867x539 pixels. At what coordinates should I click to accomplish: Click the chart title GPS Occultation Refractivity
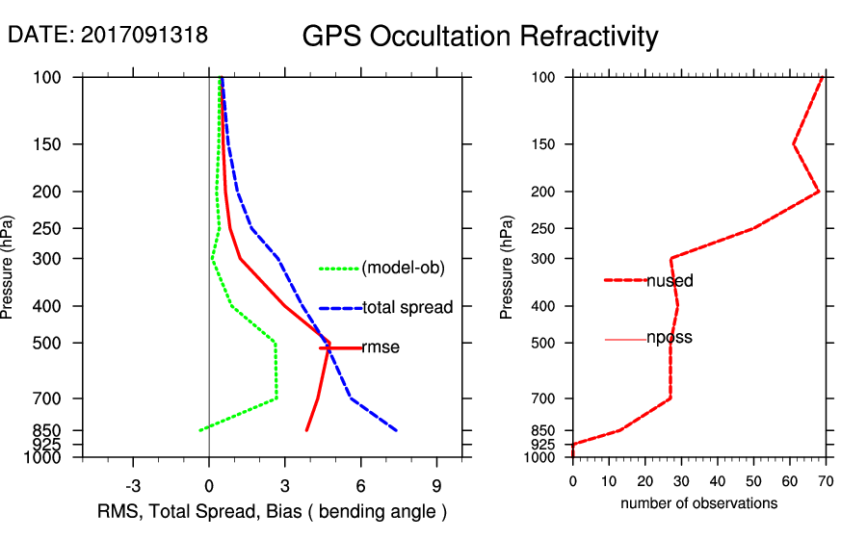(x=480, y=37)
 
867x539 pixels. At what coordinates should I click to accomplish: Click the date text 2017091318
(x=144, y=35)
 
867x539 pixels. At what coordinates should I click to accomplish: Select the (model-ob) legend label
(x=403, y=268)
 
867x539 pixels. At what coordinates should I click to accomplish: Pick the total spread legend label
(x=407, y=308)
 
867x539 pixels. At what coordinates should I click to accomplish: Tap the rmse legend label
(x=381, y=347)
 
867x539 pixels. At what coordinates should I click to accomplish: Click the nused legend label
(x=670, y=281)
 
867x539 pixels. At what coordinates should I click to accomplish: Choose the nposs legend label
(x=670, y=338)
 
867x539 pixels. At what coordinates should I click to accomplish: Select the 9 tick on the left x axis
(x=437, y=485)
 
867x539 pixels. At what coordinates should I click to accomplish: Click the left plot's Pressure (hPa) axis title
(x=10, y=266)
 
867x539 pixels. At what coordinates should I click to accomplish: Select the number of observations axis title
(x=698, y=503)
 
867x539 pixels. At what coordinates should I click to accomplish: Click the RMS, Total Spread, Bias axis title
(x=273, y=510)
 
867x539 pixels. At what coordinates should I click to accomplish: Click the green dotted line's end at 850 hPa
(x=199, y=430)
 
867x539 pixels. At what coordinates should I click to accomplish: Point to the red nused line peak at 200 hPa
(x=819, y=192)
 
